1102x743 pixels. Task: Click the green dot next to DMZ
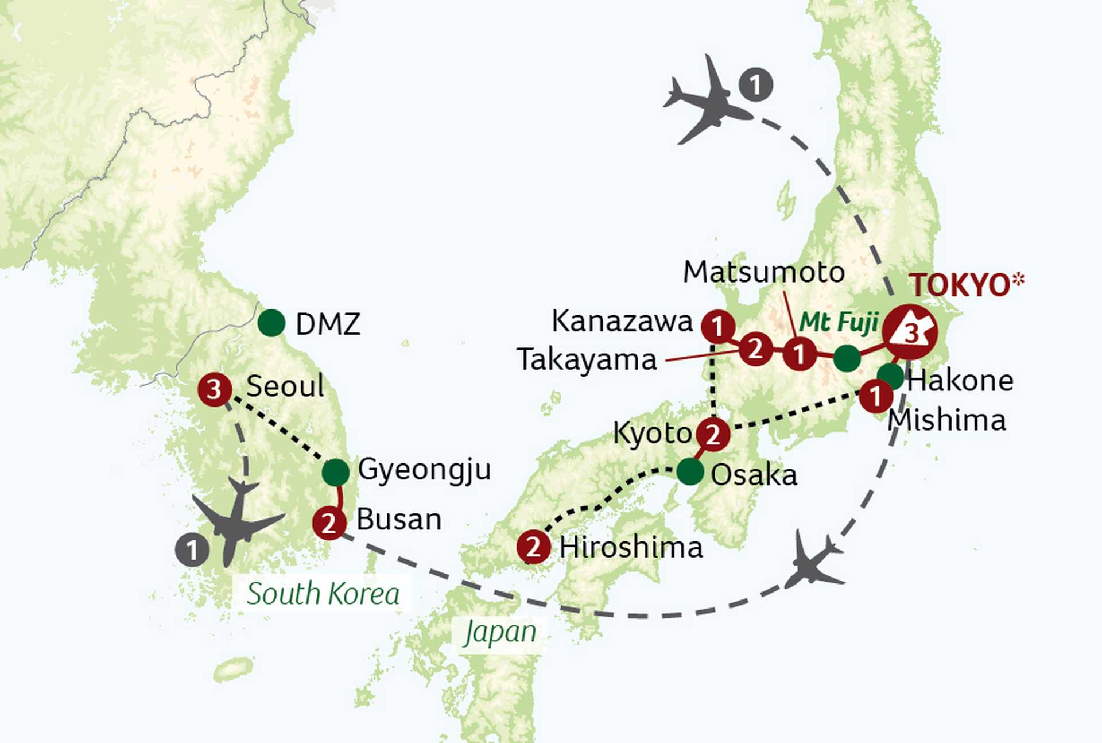point(271,323)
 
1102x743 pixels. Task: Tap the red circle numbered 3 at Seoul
point(214,390)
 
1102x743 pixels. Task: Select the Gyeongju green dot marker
point(336,472)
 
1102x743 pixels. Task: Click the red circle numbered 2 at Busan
point(329,523)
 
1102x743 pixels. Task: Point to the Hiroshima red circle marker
point(533,547)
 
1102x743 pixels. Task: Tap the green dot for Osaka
point(690,472)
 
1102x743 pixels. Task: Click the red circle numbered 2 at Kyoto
point(713,434)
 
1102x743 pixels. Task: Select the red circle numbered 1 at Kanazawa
point(717,326)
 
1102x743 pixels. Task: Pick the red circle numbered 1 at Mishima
point(876,396)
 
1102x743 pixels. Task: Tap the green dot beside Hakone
point(890,376)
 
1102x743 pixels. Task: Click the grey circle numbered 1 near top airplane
point(755,85)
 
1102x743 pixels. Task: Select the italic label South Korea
point(323,593)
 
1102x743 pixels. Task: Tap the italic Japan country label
point(500,632)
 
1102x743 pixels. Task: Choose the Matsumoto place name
point(763,272)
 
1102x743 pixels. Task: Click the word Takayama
point(587,360)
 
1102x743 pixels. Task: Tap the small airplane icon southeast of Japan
point(814,561)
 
